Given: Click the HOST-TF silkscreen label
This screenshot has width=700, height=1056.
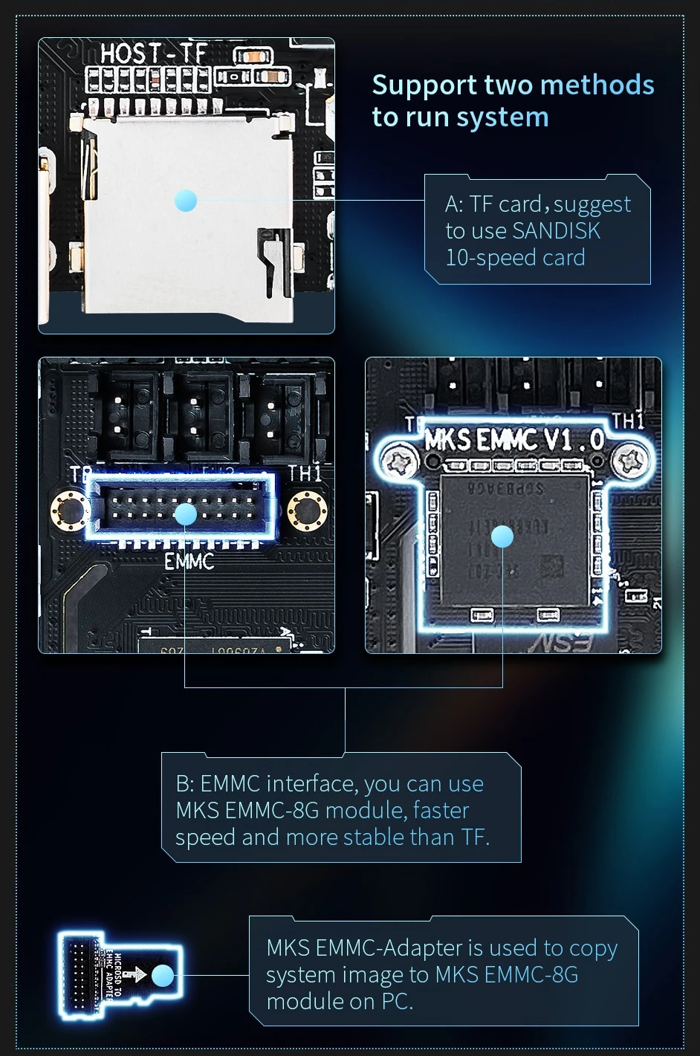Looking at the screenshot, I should pos(153,54).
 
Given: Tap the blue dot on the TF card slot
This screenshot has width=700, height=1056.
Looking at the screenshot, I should pos(185,200).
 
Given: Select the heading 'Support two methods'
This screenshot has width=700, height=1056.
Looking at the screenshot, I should pos(513,85).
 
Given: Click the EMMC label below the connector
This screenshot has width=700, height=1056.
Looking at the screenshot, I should pos(189,561).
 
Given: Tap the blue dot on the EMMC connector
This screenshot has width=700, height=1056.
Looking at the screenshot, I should pos(185,514).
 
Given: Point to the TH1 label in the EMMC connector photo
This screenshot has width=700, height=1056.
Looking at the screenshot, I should pos(305,473).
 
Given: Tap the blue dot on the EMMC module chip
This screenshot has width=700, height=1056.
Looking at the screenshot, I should pos(502,536).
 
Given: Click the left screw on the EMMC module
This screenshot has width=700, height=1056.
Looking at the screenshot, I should pos(396,462).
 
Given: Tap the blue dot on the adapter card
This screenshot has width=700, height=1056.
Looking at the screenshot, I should pos(163,975).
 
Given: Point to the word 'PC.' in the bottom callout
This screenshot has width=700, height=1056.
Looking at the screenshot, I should pos(397,1002).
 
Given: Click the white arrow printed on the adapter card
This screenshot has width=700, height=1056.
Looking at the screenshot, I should pos(135,975).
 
